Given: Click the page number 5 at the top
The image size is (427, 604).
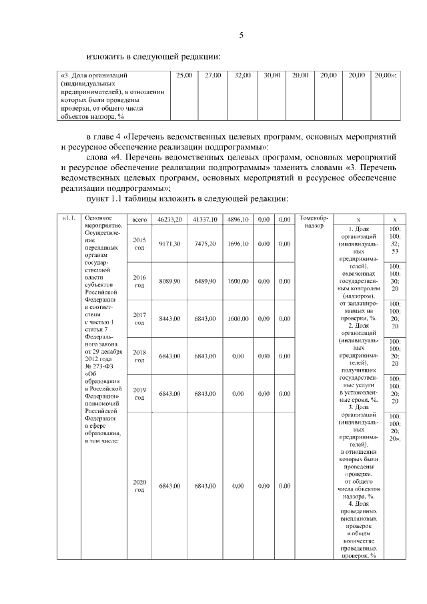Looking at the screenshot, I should tap(242, 35).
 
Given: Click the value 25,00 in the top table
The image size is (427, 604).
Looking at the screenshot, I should tap(183, 75).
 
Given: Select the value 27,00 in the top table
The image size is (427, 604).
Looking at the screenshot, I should tap(213, 75).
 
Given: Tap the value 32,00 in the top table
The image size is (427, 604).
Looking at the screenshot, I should tap(242, 75).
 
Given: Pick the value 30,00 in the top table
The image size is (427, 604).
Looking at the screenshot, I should tap(272, 75).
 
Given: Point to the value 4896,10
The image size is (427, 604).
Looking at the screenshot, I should tap(238, 219).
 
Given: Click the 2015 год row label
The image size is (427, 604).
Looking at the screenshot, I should tap(139, 244).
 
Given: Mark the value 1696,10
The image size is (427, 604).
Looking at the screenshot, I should tap(238, 244).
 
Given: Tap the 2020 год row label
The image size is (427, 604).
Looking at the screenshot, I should tap(139, 485).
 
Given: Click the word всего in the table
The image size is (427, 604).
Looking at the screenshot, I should tap(139, 219).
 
